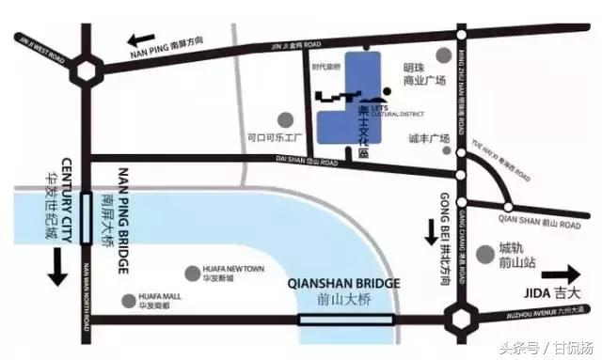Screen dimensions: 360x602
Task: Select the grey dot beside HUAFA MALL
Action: point(130,301)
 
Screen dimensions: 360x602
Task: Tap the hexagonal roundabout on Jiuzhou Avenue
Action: point(462,321)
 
